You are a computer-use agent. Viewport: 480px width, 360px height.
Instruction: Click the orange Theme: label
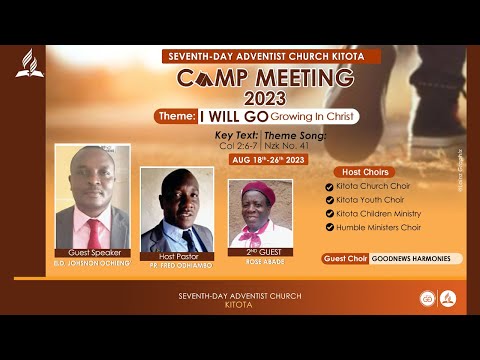click(x=175, y=116)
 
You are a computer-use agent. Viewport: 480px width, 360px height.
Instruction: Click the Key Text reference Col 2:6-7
click(x=237, y=145)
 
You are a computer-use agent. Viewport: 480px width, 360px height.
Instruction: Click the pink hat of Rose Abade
click(x=258, y=192)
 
